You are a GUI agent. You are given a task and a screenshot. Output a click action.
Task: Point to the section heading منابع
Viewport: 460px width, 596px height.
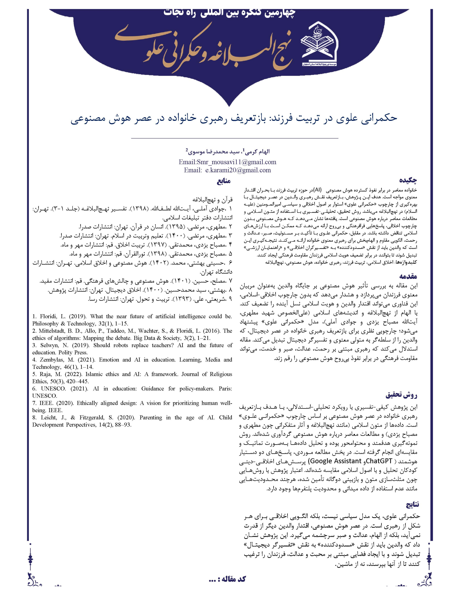pos(223,181)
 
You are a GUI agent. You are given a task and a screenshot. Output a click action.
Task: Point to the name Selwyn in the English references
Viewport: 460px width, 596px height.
pos(49,345)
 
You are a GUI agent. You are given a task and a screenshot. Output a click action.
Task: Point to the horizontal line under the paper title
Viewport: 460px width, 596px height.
pos(234,138)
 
